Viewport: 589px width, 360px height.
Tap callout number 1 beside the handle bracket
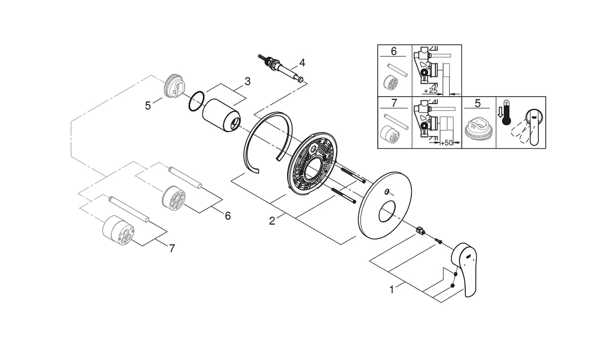point(392,290)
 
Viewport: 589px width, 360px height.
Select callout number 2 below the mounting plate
point(272,221)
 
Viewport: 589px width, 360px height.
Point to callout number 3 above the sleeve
point(247,82)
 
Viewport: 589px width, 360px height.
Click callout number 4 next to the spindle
point(302,62)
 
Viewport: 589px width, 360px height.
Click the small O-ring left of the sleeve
point(196,101)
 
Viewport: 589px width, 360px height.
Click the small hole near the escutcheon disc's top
point(387,191)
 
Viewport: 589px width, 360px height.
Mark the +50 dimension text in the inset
point(445,142)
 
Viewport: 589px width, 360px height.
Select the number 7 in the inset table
point(394,104)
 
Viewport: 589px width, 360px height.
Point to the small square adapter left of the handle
point(419,229)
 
